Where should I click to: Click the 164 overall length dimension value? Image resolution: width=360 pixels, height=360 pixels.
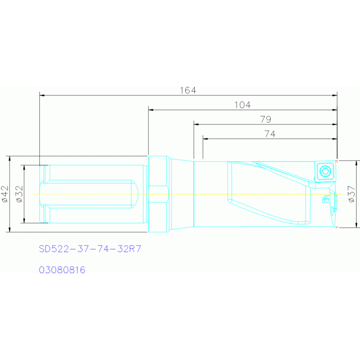(188, 91)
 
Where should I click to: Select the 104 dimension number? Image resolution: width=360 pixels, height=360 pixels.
(243, 105)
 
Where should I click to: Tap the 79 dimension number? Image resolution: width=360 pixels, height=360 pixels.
(266, 119)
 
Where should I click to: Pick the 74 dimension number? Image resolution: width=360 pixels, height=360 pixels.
(270, 134)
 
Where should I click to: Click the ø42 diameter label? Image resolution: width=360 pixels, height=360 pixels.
(5, 194)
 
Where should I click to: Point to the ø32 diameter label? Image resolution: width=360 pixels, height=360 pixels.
(20, 194)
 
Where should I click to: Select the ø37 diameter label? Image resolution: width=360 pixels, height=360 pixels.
(352, 194)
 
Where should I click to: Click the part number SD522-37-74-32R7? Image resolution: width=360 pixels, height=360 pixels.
(90, 249)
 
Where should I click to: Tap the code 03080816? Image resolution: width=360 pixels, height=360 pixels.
(62, 270)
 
